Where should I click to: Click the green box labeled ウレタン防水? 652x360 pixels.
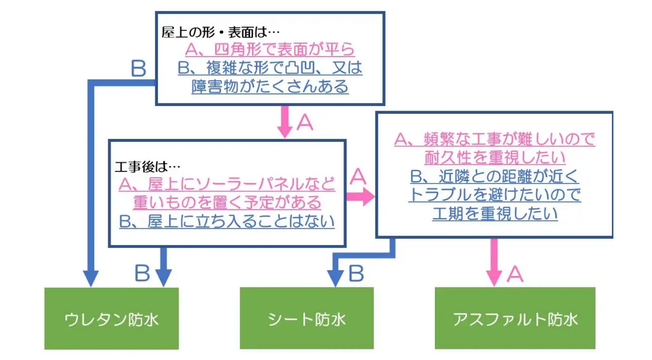point(112,318)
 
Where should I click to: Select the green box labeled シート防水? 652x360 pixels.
point(307,318)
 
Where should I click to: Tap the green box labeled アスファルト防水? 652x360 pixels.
point(515,318)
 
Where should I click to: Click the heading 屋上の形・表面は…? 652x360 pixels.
point(220,32)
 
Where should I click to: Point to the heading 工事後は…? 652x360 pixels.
point(148,166)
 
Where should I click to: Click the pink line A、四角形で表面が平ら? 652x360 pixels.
point(270,49)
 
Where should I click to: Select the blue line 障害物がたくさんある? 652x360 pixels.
point(270,86)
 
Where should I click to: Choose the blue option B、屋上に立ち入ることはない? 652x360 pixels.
point(227,221)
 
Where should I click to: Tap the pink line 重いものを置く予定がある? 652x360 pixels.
point(227,203)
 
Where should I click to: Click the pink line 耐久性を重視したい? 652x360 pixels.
point(495,157)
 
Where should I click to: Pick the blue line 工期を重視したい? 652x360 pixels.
point(495,214)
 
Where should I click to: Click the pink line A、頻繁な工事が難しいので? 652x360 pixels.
point(495,139)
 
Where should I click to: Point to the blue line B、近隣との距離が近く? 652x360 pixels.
point(495,176)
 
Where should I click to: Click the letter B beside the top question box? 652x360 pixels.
point(139,68)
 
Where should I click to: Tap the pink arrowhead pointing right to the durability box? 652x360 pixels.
point(368,197)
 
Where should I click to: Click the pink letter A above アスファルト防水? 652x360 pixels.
point(515,274)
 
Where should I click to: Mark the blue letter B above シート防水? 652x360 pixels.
point(356,273)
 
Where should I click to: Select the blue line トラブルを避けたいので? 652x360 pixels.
point(495,195)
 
